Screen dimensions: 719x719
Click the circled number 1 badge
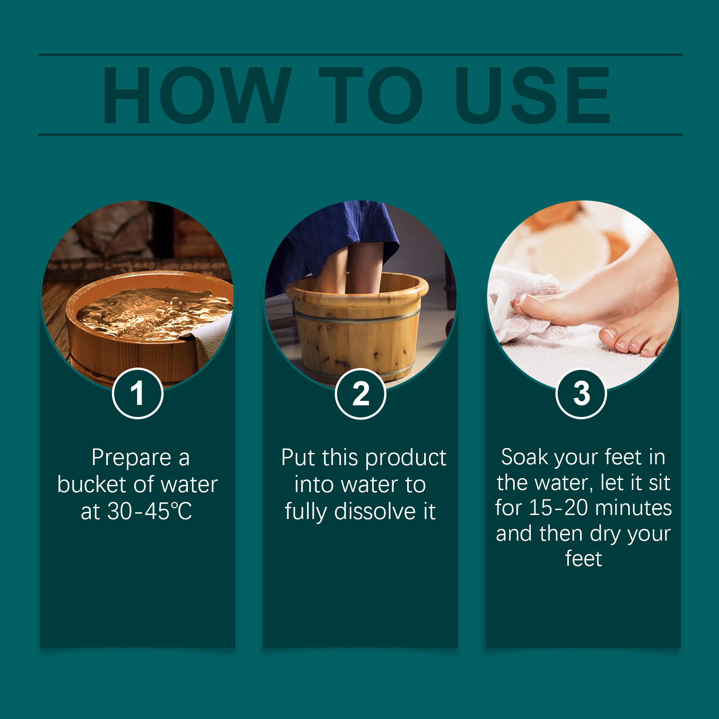(138, 393)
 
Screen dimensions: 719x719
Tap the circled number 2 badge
(360, 394)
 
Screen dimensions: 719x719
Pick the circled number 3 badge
(581, 393)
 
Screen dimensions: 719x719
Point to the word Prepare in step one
(131, 457)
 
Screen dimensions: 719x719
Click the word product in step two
(405, 457)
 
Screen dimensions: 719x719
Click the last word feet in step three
(583, 559)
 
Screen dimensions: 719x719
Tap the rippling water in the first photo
(148, 312)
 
